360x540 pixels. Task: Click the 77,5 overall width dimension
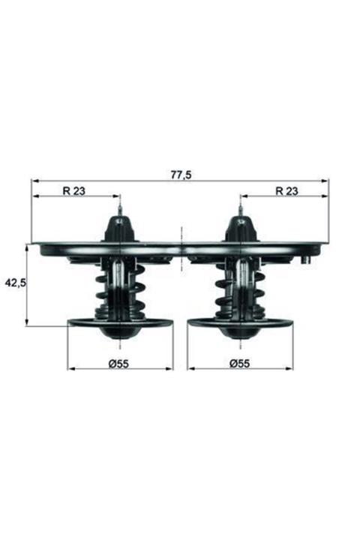coord(181,174)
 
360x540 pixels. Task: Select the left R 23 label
coord(74,191)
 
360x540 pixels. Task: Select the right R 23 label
coord(286,191)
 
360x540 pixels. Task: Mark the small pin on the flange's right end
coord(306,259)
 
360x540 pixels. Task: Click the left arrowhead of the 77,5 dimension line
coord(34,181)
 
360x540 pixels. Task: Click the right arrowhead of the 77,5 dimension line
coord(325,181)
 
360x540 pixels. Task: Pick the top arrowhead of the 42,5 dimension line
coord(27,247)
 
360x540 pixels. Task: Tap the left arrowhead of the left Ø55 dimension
coord(71,370)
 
